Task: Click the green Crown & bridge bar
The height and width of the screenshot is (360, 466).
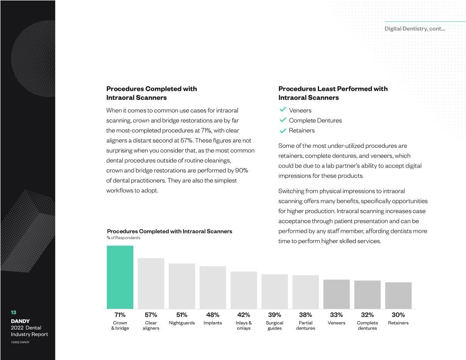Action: [120, 277]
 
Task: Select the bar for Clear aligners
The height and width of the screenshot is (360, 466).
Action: [151, 283]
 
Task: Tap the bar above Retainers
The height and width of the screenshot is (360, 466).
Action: [398, 295]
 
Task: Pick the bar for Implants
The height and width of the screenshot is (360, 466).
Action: [213, 287]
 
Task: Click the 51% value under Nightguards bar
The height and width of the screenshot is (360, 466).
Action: [182, 315]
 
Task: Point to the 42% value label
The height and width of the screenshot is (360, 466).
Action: [244, 315]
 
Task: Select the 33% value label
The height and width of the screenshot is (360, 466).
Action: [336, 315]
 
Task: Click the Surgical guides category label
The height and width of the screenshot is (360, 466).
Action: [274, 326]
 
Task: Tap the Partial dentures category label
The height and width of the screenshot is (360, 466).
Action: [305, 326]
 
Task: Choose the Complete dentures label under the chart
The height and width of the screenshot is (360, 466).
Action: [367, 326]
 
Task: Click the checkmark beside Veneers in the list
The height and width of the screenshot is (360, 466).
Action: [283, 110]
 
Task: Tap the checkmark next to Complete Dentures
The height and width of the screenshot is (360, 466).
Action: [283, 120]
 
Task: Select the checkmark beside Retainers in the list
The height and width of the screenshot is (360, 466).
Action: [283, 130]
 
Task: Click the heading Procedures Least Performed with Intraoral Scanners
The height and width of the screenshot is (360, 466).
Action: [333, 93]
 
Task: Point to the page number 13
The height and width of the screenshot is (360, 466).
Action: [14, 312]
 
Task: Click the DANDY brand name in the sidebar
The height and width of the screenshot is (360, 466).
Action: [20, 321]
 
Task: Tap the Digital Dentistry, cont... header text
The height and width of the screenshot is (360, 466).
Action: [414, 29]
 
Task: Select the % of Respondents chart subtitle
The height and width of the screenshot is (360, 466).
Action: [124, 238]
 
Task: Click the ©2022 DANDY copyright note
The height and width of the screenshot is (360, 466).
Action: [20, 342]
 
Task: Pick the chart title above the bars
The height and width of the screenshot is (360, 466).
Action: [169, 231]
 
